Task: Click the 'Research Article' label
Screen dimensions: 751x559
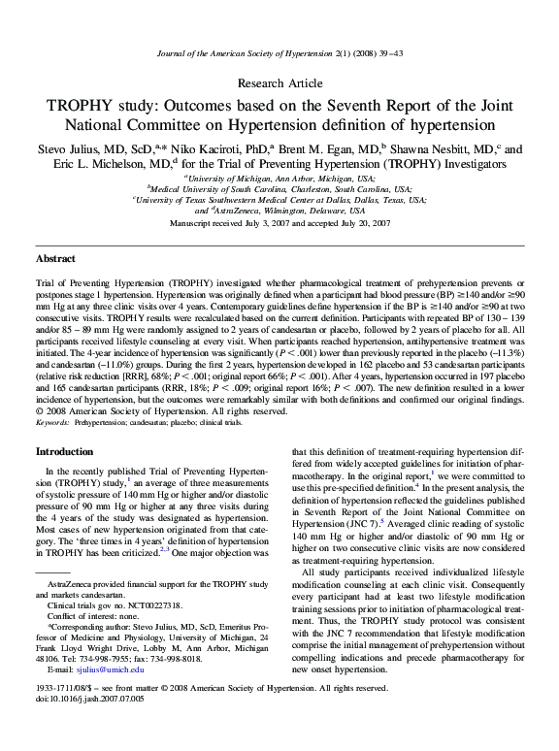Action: (279, 83)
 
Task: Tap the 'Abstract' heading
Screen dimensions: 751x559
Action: (56, 259)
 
